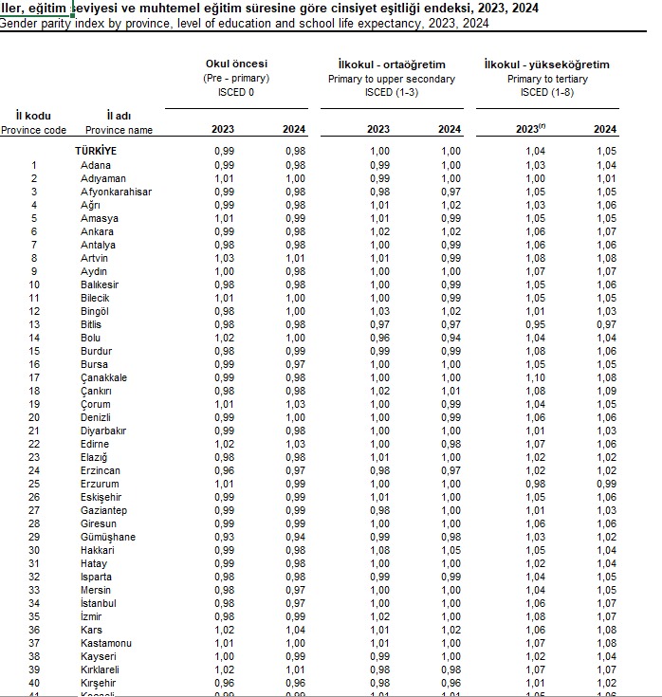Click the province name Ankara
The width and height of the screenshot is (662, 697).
point(97,231)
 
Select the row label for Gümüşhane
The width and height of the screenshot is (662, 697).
point(107,537)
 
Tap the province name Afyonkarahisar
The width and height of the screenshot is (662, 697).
point(116,192)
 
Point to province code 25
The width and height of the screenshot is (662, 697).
point(34,484)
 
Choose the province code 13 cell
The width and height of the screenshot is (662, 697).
point(34,324)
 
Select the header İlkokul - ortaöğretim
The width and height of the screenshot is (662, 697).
point(392,64)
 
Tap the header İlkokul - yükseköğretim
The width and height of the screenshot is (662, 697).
point(546,64)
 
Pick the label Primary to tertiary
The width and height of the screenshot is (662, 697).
point(547,79)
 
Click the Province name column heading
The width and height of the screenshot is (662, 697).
point(119,130)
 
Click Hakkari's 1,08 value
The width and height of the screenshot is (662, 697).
point(378,550)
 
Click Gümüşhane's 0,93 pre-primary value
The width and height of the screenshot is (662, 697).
point(223,537)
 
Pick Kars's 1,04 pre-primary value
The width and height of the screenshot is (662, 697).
point(295,630)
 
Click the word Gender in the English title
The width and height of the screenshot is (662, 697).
point(19,23)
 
